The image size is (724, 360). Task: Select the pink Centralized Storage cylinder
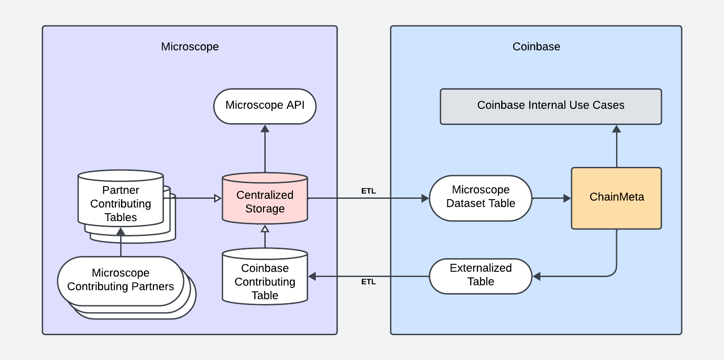pos(265,201)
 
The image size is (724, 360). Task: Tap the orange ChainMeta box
pos(616,197)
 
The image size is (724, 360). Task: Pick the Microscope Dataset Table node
pos(480,197)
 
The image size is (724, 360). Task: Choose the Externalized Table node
pos(480,275)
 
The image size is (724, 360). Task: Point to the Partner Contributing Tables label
pos(121,204)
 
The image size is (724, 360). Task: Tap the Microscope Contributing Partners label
pos(121,280)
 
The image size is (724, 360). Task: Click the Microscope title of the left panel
pos(190,47)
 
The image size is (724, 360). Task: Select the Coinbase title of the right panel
pos(536,47)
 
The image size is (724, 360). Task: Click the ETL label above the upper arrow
pos(368,191)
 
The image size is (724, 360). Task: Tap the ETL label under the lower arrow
pos(368,282)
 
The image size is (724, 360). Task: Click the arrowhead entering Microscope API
pos(265,128)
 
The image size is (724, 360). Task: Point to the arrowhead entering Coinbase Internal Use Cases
pos(617,129)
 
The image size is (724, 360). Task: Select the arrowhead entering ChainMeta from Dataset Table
pos(567,198)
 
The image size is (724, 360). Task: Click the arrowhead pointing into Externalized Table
pos(537,276)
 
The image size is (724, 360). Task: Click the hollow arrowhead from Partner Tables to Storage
pos(218,198)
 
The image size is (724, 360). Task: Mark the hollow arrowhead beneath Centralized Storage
pos(265,228)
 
